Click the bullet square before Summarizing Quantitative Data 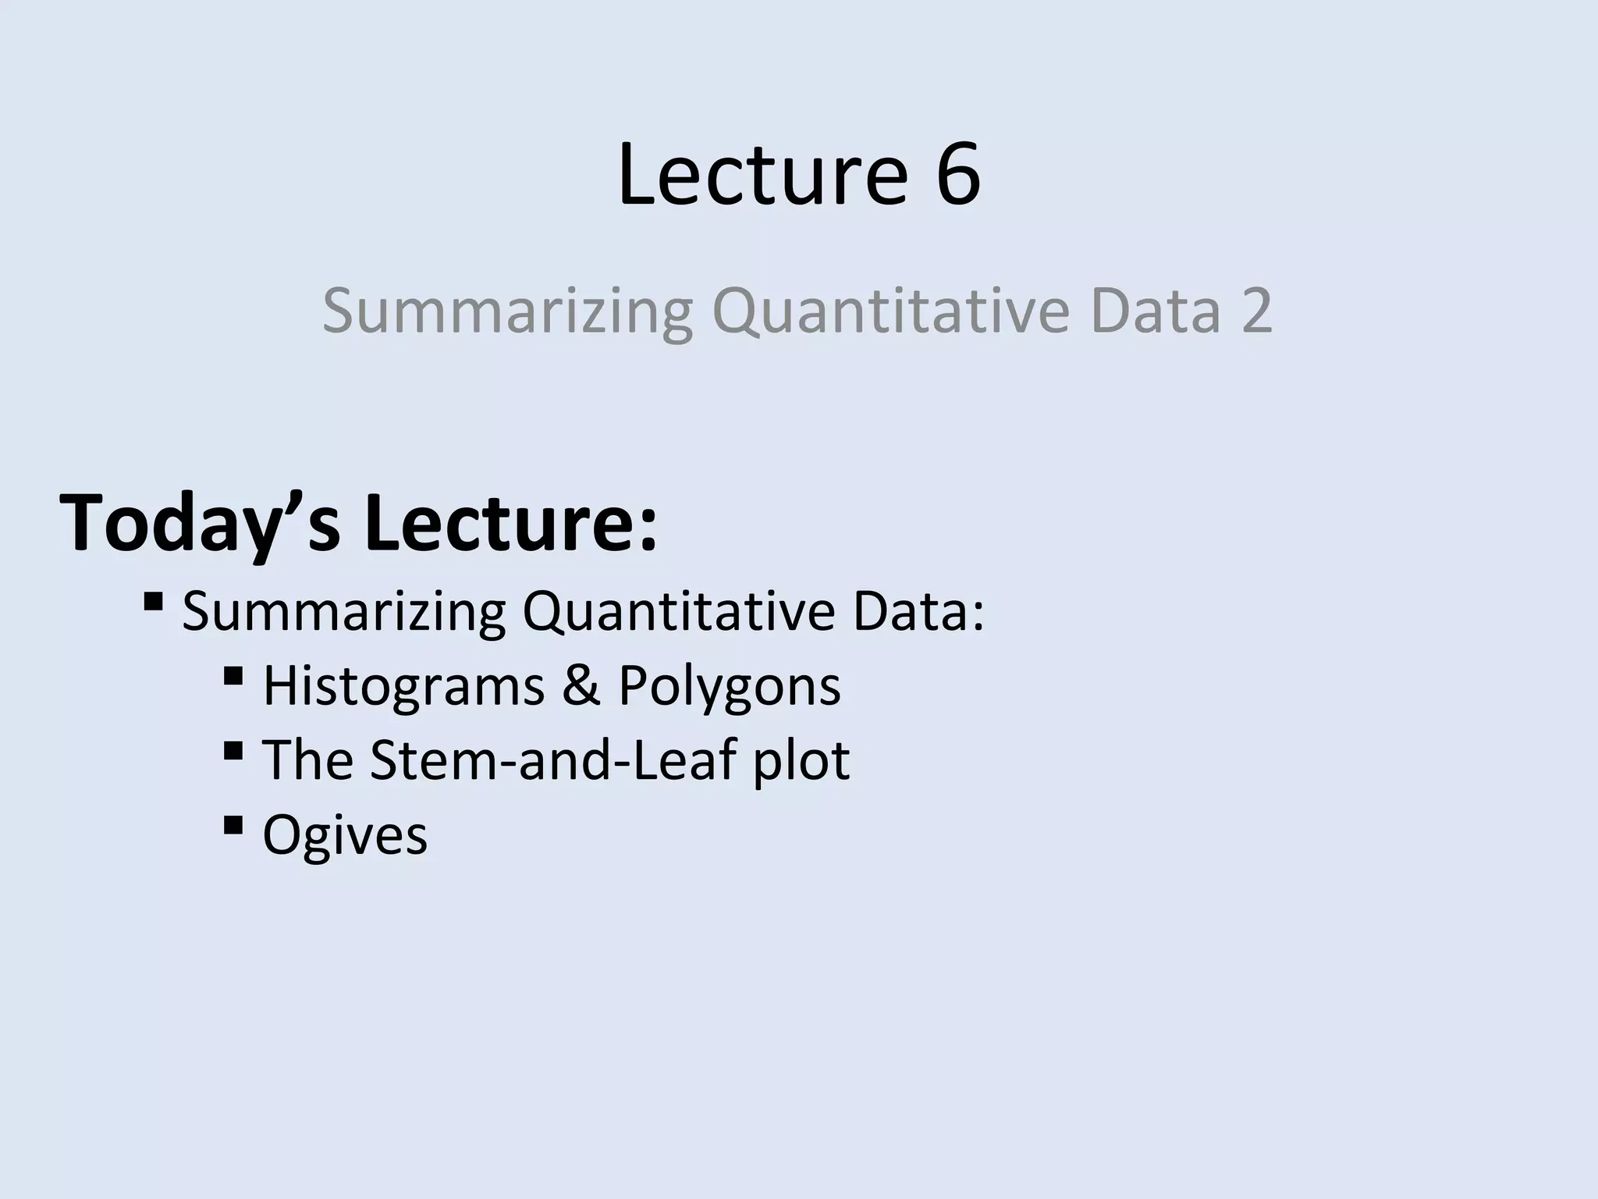tap(153, 602)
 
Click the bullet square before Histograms tap(233, 676)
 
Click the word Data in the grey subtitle tap(1155, 311)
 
